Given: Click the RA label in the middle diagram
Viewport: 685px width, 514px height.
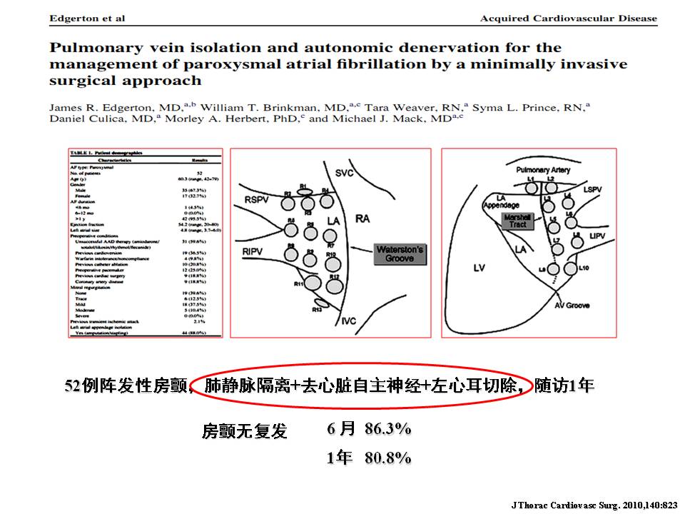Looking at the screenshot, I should click(x=362, y=218).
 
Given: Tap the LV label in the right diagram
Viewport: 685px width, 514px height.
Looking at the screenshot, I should click(x=479, y=268).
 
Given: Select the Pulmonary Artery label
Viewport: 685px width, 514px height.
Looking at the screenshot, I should click(x=543, y=171).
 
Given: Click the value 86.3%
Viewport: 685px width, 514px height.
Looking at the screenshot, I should click(x=387, y=429).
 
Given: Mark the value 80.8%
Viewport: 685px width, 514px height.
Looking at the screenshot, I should click(x=387, y=458).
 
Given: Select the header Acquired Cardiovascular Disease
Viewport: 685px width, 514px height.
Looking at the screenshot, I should click(x=568, y=18).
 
